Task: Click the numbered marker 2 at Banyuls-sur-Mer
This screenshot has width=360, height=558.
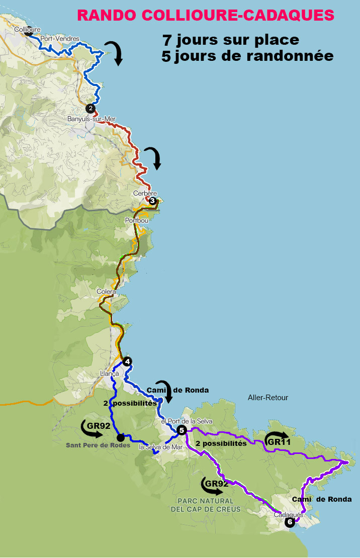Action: (x=91, y=108)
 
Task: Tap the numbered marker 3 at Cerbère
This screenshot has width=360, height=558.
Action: (x=152, y=201)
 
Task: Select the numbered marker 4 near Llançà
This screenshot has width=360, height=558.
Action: (x=128, y=361)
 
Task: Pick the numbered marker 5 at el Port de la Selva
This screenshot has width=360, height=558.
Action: (x=182, y=429)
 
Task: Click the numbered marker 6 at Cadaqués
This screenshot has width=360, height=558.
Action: (x=290, y=522)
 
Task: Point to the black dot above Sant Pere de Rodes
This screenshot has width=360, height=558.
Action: (x=121, y=437)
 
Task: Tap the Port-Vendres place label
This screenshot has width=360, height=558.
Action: (x=60, y=38)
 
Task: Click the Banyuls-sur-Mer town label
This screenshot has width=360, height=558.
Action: (x=92, y=119)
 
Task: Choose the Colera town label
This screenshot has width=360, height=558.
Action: (x=107, y=292)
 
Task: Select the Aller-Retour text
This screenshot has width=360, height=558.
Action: (x=268, y=398)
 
